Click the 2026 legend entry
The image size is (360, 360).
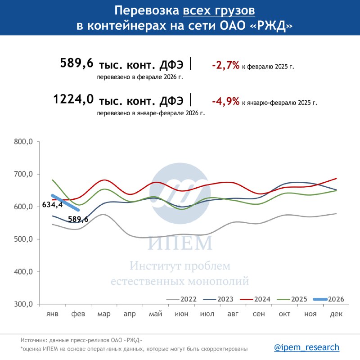coord(328,299)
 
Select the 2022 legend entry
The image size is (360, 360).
coord(181,299)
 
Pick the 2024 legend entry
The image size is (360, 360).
coord(255,299)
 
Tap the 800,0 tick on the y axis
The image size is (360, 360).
coord(23,142)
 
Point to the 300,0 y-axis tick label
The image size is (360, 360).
coord(23,304)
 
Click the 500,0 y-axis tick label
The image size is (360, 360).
coord(23,239)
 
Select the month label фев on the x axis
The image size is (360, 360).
coord(78,314)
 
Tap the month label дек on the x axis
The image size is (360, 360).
coord(336,314)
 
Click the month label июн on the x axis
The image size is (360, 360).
coord(181,314)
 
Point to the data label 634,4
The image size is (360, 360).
coord(52,204)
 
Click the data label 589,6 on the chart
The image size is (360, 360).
coord(78,219)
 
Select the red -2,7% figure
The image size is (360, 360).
coord(226,65)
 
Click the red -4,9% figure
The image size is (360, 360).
coord(226,101)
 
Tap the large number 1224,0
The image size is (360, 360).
coord(73,99)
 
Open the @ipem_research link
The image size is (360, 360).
coord(306,347)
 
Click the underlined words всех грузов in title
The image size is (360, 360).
coord(219,10)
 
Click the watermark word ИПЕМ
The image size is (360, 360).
coord(180,243)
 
